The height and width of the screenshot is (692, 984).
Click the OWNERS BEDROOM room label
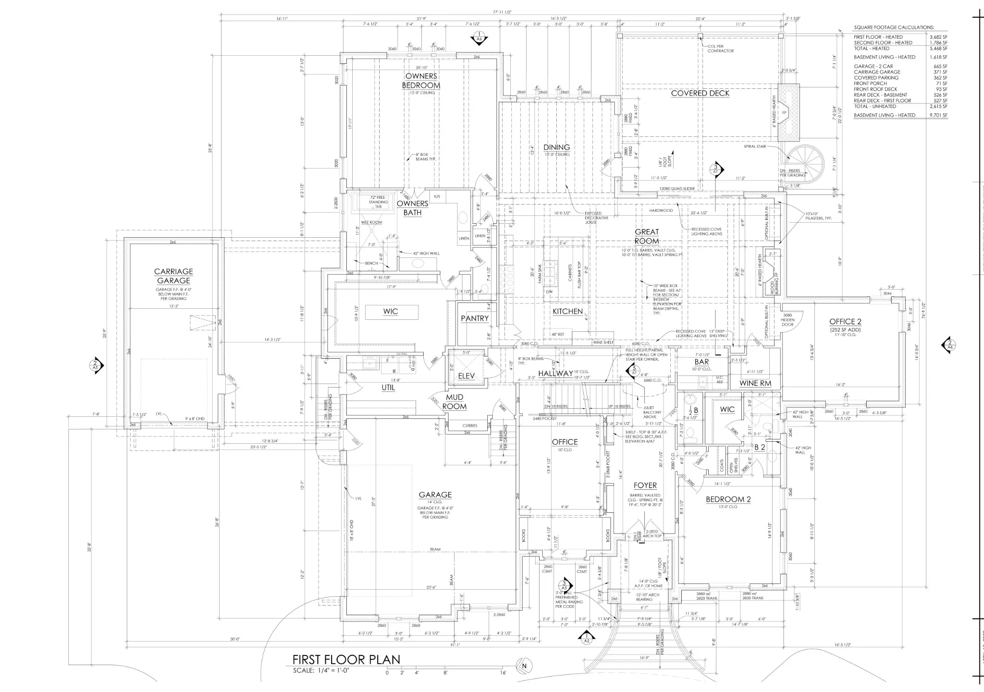(x=421, y=81)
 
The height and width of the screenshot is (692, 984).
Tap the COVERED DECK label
(x=700, y=93)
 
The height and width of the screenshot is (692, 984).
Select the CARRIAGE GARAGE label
(x=173, y=276)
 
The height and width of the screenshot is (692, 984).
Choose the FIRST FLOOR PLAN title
(x=346, y=659)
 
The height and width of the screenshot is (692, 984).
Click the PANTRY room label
(x=475, y=318)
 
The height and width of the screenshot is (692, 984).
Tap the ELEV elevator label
(x=466, y=376)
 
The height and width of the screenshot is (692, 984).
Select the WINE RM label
(x=755, y=383)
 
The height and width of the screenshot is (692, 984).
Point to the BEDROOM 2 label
(x=728, y=499)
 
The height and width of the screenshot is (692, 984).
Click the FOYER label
(x=645, y=486)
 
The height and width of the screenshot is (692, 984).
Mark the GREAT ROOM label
(x=647, y=236)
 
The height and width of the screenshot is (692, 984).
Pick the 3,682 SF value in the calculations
(x=938, y=37)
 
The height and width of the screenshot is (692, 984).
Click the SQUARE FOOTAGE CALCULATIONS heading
(x=894, y=27)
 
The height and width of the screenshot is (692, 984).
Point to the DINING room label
(x=556, y=147)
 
